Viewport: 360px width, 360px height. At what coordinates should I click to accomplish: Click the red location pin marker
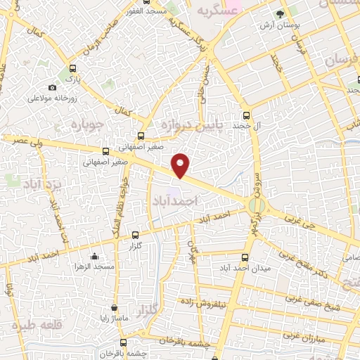(181, 165)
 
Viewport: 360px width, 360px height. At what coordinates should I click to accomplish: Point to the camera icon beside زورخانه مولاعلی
(53, 87)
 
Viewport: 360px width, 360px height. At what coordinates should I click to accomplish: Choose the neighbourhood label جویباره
(87, 124)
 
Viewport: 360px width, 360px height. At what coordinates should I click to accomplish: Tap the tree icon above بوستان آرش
(281, 14)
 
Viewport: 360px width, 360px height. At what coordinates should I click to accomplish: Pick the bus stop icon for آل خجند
(246, 116)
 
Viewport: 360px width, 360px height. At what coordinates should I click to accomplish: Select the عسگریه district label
(214, 10)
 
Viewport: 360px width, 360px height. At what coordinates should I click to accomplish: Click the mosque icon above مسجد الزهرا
(94, 257)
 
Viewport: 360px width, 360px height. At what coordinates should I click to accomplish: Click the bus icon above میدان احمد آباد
(245, 257)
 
